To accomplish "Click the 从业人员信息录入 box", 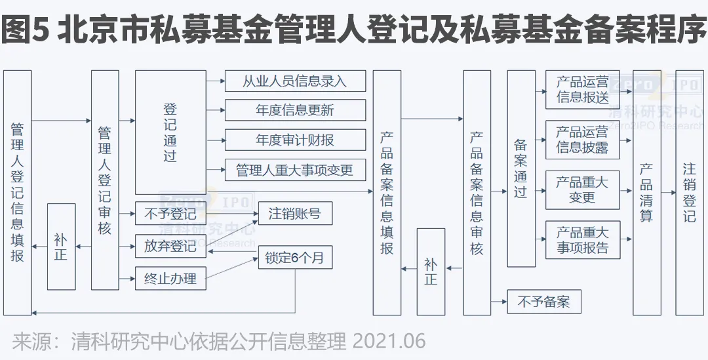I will (294, 81).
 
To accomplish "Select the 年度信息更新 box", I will (294, 110).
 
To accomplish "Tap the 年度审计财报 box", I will (294, 140).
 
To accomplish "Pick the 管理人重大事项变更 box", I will (294, 170).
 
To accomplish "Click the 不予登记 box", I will (170, 214).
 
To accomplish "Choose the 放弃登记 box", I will (170, 246).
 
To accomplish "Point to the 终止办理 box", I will (170, 278).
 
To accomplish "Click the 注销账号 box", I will (295, 214).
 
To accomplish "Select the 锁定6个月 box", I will (295, 257).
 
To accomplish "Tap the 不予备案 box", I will (544, 302).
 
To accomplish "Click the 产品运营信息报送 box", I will (582, 90).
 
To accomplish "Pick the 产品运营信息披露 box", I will (582, 140).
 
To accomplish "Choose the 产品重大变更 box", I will (582, 190).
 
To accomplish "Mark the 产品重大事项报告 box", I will (582, 239).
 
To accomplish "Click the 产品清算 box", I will (646, 193).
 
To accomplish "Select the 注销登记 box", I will (689, 193).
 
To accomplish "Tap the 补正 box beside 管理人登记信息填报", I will (61, 247).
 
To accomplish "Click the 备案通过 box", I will (521, 169).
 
